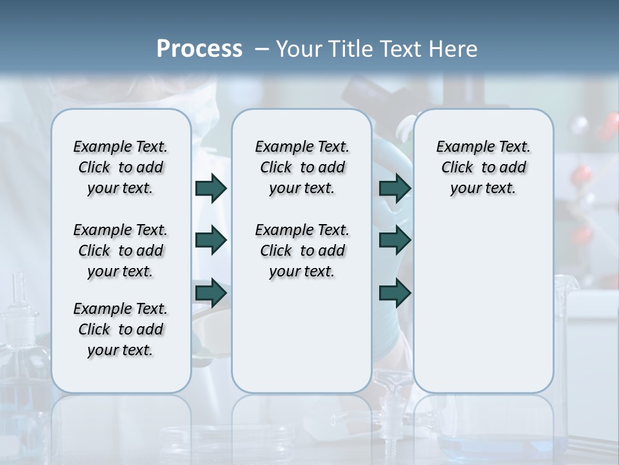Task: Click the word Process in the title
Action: point(199,48)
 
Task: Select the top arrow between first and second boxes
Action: point(211,189)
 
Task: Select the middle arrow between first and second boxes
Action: point(211,240)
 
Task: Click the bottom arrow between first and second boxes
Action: point(211,293)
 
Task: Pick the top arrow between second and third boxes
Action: point(395,189)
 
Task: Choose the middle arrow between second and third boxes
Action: point(395,240)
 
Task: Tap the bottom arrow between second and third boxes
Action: point(395,293)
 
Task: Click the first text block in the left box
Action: point(121,167)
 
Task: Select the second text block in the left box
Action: point(121,251)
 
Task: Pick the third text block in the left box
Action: point(121,329)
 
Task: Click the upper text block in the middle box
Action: point(302,167)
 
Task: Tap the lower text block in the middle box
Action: point(302,251)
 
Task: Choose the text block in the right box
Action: point(483,167)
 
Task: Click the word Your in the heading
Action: point(298,48)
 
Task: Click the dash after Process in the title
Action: point(262,49)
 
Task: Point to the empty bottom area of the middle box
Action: point(302,336)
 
